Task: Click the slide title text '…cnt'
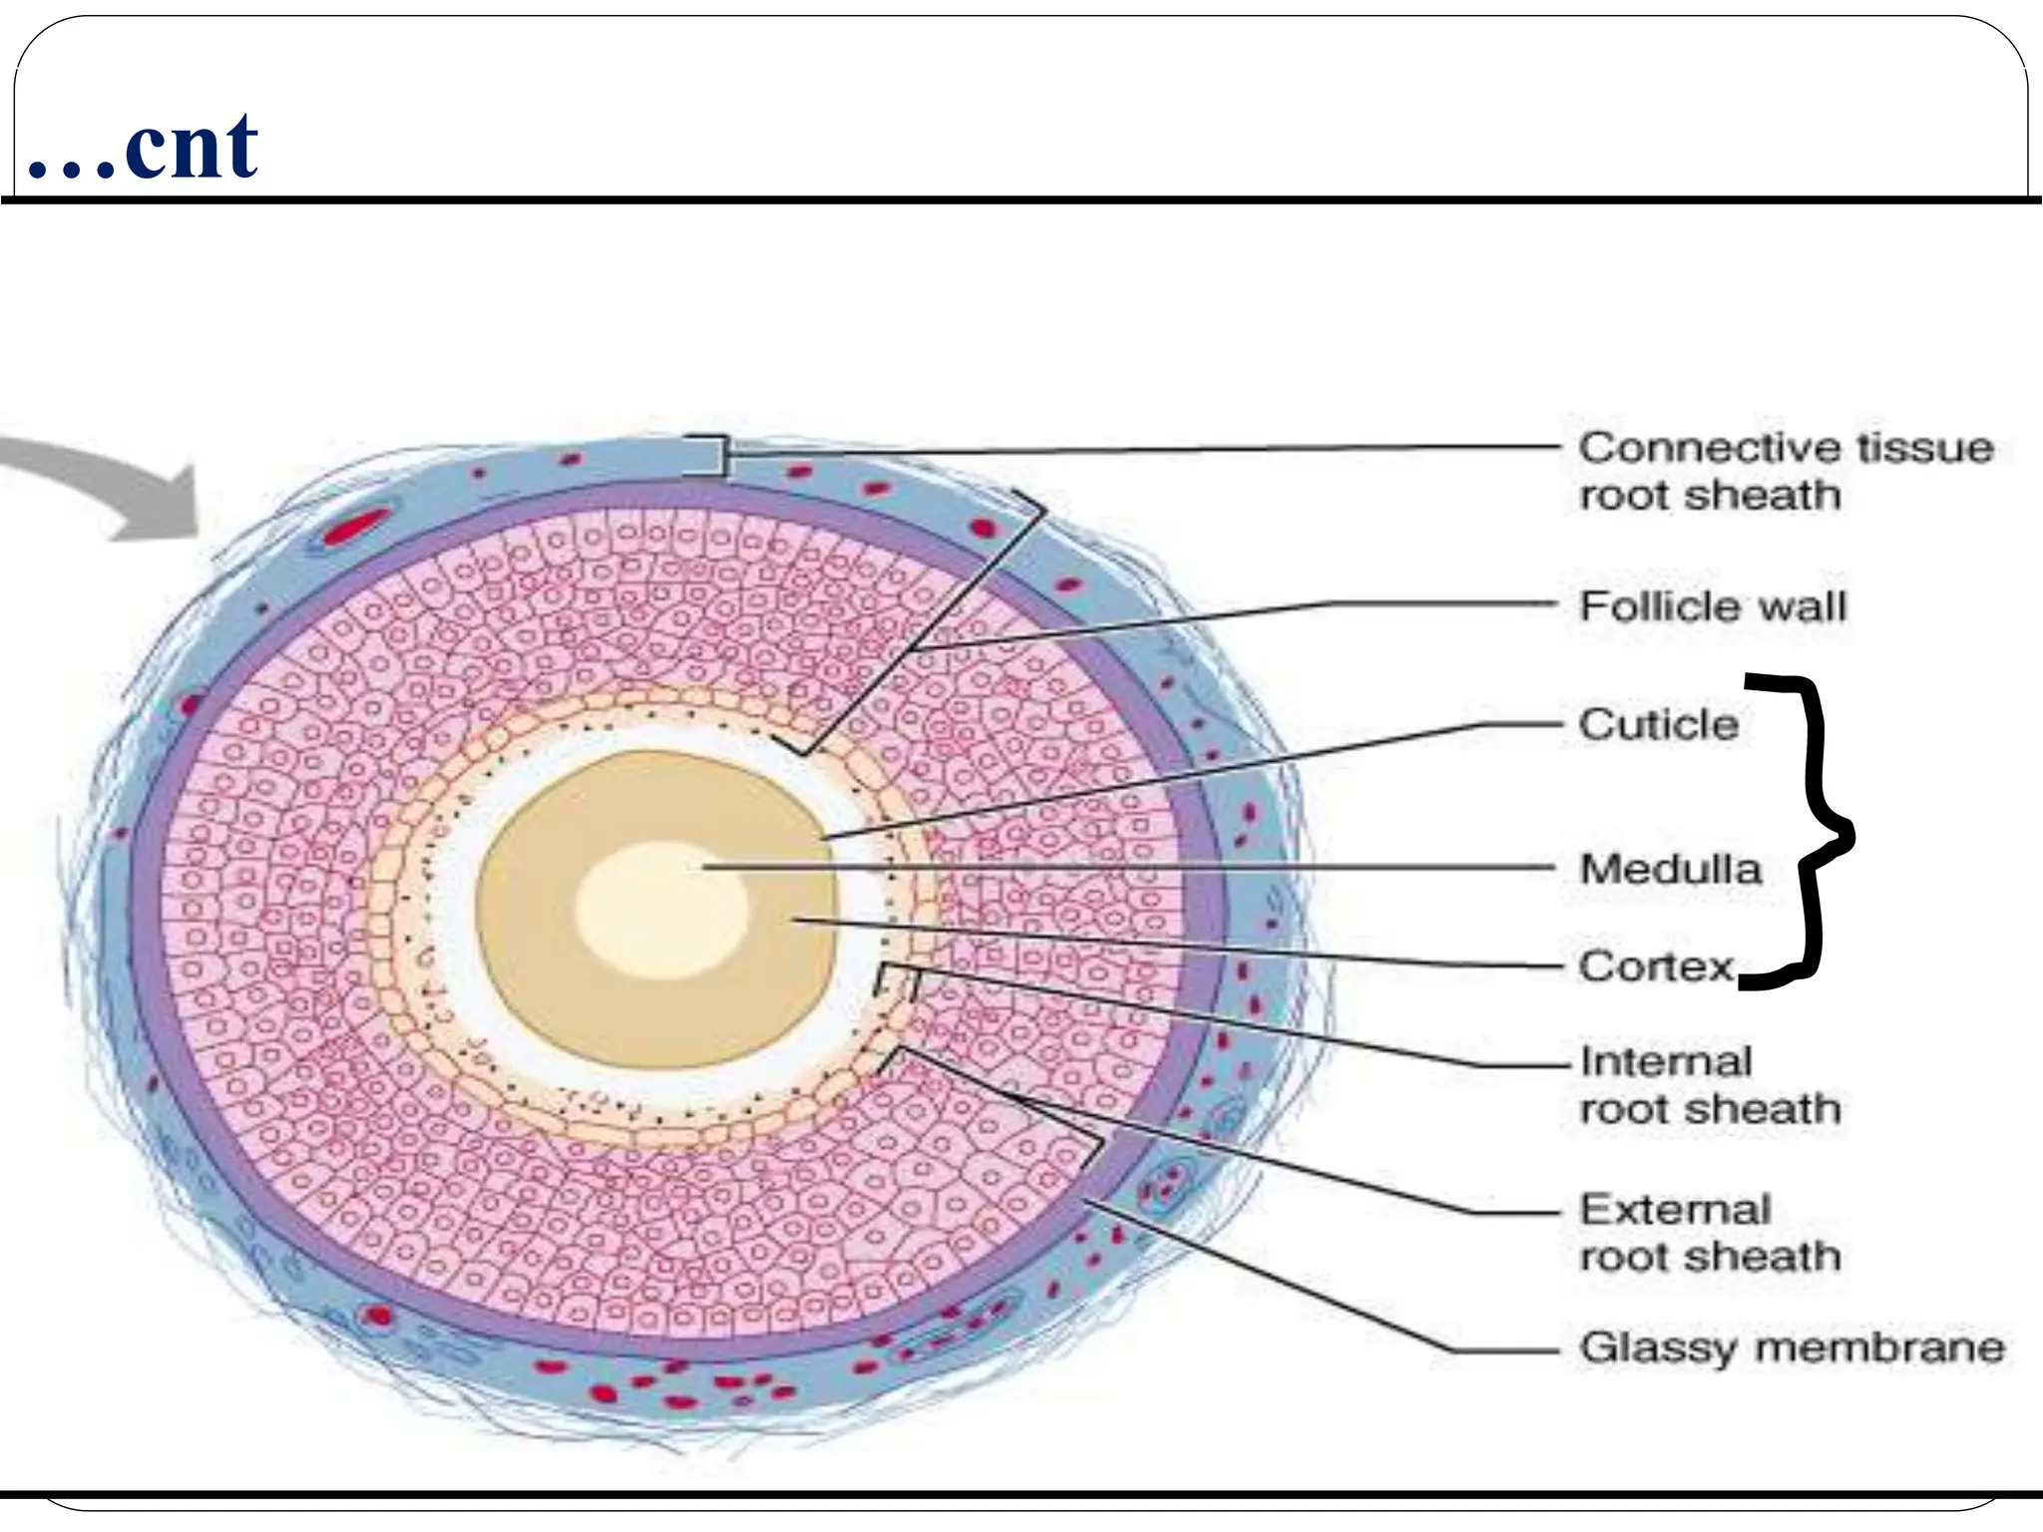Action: (x=145, y=148)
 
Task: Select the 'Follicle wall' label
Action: (x=1713, y=606)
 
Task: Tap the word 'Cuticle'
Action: (x=1658, y=724)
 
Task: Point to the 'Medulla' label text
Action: (x=1671, y=869)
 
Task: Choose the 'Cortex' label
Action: (x=1657, y=965)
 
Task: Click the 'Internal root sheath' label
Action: (x=1710, y=1084)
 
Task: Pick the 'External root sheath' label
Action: (x=1710, y=1232)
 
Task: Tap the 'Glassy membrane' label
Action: (x=1792, y=1347)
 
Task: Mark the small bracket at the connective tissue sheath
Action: (x=719, y=455)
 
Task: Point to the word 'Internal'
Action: (x=1666, y=1061)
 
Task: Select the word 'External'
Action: (x=1676, y=1209)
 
